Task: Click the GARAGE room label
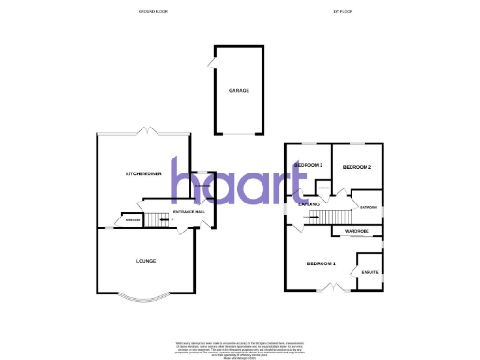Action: (x=238, y=91)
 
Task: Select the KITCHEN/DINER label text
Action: (x=144, y=174)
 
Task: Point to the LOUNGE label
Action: (x=144, y=261)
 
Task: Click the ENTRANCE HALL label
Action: (x=189, y=213)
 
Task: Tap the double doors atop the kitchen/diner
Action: (x=144, y=129)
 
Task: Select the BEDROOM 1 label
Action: (x=321, y=263)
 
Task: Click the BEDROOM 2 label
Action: (x=357, y=167)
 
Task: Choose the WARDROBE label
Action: (x=356, y=230)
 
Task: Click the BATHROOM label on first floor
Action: (x=368, y=207)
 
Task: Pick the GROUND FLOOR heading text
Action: (x=152, y=11)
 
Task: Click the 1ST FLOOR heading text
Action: (x=341, y=11)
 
